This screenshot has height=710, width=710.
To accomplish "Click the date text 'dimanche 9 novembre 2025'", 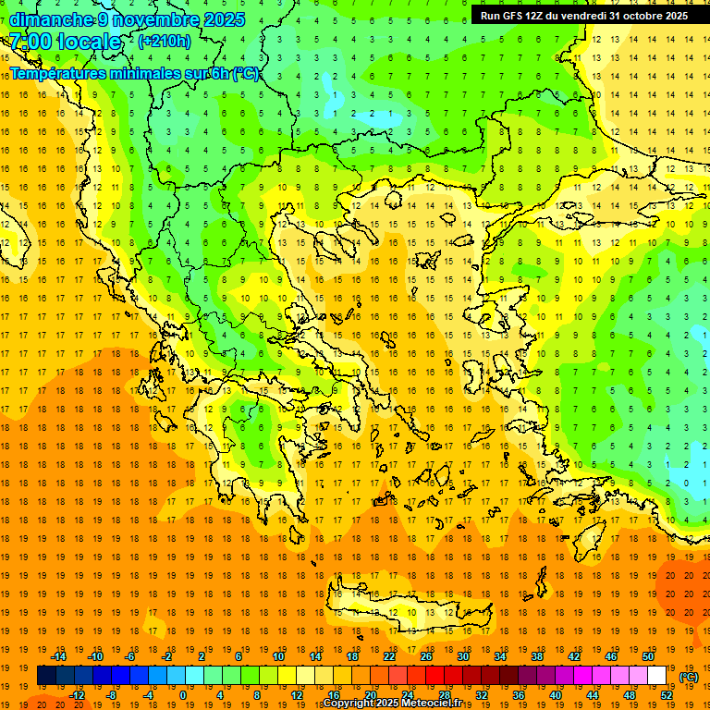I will pyautogui.click(x=128, y=19).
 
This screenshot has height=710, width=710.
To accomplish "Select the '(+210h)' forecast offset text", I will pyautogui.click(x=164, y=42).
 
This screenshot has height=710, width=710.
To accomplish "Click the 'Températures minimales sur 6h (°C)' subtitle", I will pyautogui.click(x=135, y=74).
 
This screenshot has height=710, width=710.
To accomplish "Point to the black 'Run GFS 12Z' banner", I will pyautogui.click(x=584, y=16).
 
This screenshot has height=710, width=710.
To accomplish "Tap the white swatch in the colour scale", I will pyautogui.click(x=657, y=676).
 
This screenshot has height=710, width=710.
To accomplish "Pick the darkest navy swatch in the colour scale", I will pyautogui.click(x=46, y=676).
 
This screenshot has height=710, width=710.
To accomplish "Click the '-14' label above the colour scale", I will pyautogui.click(x=59, y=655).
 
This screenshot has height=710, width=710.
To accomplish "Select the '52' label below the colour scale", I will pyautogui.click(x=667, y=695).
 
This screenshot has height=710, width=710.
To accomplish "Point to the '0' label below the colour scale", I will pyautogui.click(x=183, y=695).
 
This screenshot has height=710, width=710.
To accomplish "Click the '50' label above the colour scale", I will pyautogui.click(x=648, y=655).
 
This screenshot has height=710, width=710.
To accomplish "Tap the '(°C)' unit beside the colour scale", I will pyautogui.click(x=688, y=676).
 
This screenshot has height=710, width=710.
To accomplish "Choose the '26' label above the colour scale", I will pyautogui.click(x=426, y=655).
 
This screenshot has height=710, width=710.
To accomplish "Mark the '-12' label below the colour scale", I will pyautogui.click(x=78, y=695).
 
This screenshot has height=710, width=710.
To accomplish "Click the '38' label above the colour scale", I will pyautogui.click(x=537, y=655).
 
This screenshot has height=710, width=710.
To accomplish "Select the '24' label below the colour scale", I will pyautogui.click(x=408, y=695).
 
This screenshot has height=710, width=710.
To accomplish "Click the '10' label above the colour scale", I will pyautogui.click(x=278, y=655).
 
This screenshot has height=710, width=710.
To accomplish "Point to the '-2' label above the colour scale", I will pyautogui.click(x=167, y=655).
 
